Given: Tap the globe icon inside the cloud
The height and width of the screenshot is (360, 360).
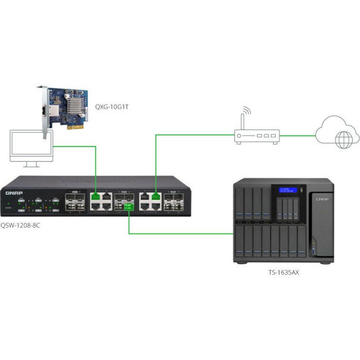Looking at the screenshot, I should (343, 140).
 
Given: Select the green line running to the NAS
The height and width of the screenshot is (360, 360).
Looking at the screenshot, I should (181, 233).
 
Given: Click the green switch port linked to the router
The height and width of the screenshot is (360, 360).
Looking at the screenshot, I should (155, 195).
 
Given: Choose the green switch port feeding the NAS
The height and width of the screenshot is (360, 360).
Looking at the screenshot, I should (128, 206).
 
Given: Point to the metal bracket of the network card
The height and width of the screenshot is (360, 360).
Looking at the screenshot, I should (46, 114).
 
